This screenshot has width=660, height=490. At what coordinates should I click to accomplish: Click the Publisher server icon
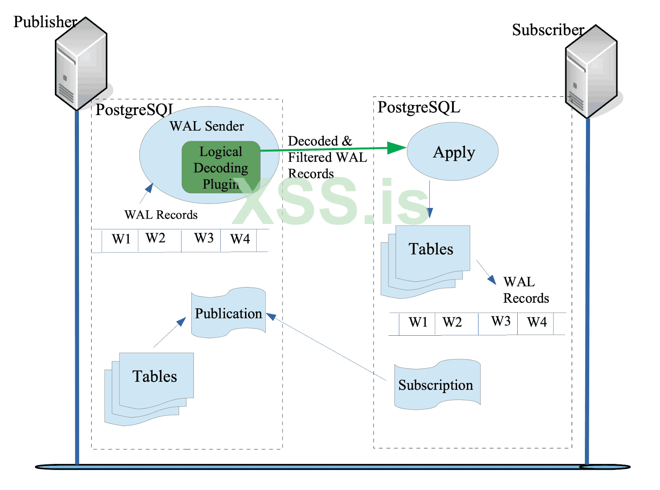[81, 64]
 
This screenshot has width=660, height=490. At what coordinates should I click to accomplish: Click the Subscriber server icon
[592, 72]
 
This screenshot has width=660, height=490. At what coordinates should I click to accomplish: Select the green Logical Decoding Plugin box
[221, 167]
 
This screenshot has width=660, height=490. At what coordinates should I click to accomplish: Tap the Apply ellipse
[453, 152]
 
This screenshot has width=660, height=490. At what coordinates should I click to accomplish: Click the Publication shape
[229, 313]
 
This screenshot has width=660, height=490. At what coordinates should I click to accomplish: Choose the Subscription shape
[437, 385]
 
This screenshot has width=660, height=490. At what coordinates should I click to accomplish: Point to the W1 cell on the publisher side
[120, 239]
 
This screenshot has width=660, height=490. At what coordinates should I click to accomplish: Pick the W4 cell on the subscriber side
[536, 322]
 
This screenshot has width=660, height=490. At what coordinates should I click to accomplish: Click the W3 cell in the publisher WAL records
[203, 238]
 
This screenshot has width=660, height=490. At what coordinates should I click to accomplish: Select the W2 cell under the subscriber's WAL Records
[452, 322]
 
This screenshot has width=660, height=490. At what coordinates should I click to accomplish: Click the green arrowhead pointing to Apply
[397, 148]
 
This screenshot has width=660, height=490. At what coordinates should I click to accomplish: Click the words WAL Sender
[207, 126]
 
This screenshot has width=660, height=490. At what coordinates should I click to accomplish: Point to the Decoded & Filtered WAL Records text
[327, 157]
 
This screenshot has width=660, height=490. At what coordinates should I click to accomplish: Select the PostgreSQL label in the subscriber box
[419, 107]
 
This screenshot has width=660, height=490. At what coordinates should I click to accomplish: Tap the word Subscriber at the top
[548, 30]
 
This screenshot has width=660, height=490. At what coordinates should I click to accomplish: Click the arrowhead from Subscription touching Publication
[271, 316]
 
